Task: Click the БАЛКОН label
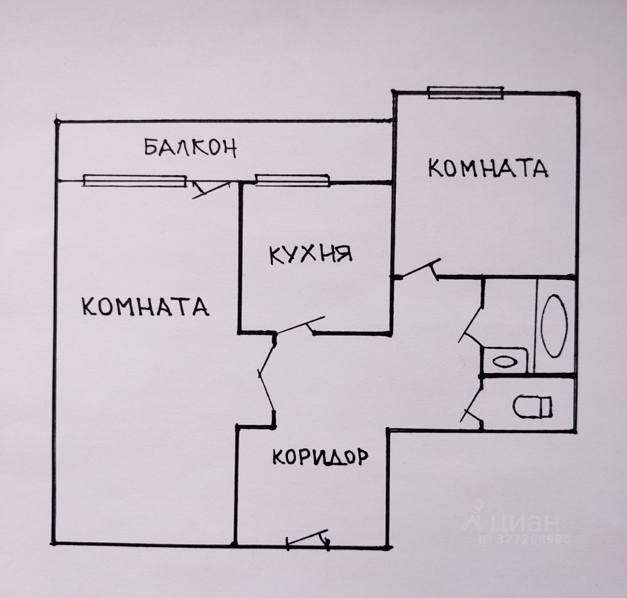[191, 147]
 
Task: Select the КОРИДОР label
[319, 457]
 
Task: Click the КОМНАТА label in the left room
[145, 307]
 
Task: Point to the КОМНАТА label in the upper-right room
[488, 168]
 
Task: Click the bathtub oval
[554, 326]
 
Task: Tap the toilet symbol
[532, 406]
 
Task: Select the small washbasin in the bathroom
[505, 362]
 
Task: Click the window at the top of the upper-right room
[466, 93]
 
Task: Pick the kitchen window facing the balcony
[291, 180]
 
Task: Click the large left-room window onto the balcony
[135, 181]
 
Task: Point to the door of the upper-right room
[417, 269]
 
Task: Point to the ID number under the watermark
[524, 539]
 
